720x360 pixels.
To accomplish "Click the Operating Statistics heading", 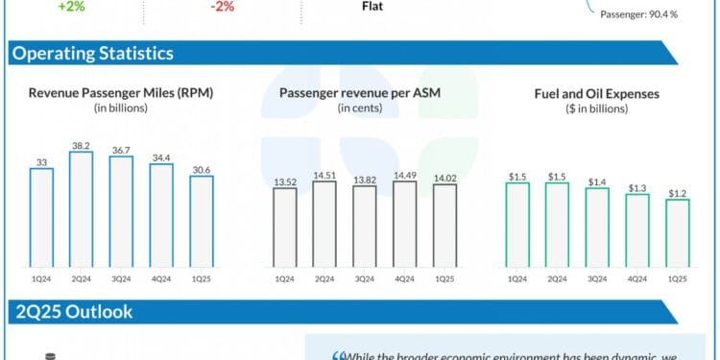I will click(x=92, y=54).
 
